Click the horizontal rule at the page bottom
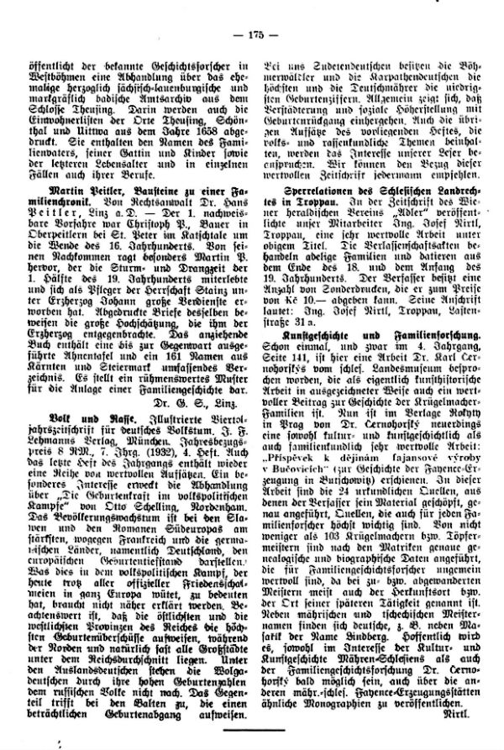coord(252,733)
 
